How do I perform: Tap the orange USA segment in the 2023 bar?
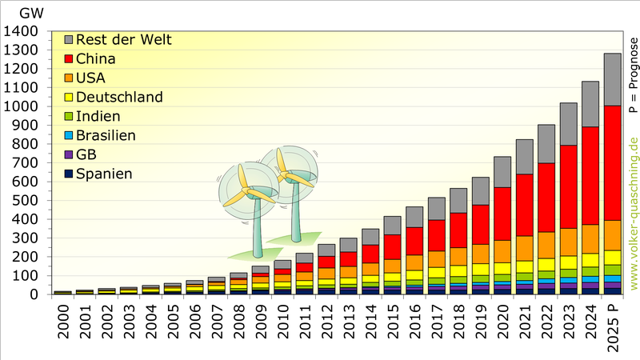[x=568, y=241]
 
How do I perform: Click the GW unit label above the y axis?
[x=30, y=13]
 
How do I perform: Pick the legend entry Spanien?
[x=104, y=174]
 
